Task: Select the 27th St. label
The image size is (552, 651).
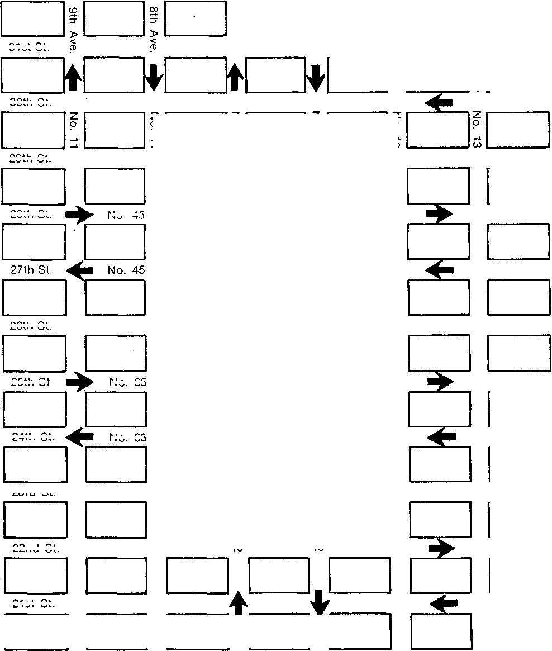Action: point(31,270)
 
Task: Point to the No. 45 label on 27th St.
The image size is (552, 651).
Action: point(126,270)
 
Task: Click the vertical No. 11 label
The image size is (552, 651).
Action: point(73,130)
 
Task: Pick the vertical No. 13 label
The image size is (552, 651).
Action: point(477,130)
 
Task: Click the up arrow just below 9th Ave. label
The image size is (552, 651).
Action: point(72,78)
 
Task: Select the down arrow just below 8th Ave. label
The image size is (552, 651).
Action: point(154,78)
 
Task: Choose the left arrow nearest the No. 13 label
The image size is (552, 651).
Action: point(439,101)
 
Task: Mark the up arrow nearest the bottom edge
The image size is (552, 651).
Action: point(239,604)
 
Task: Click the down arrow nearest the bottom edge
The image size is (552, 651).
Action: point(319,602)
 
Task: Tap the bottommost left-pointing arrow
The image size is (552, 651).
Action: point(444,602)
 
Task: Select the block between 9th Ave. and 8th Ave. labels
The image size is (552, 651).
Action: point(114,19)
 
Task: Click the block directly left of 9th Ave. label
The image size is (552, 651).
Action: point(33,19)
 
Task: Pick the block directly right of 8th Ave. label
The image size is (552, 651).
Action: point(196,19)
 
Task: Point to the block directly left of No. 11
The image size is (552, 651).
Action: point(33,130)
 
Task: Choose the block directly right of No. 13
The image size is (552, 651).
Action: point(518,130)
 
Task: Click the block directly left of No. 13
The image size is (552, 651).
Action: point(437,130)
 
